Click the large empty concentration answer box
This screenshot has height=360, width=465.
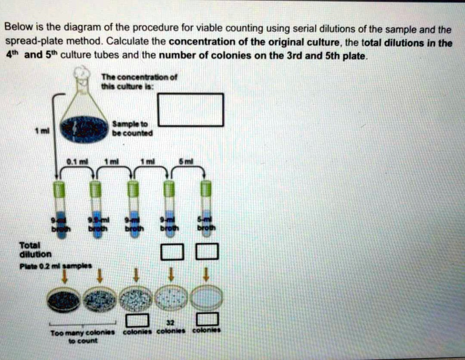pos(191,109)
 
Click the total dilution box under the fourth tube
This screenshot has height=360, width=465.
pos(173,252)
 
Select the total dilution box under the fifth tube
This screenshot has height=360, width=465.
pos(207,252)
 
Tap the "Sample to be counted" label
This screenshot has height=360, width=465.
pos(133,128)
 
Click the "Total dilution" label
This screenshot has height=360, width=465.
pos(35,250)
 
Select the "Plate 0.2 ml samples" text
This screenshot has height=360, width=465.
pos(55,266)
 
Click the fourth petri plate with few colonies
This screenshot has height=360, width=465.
pos(171,298)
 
